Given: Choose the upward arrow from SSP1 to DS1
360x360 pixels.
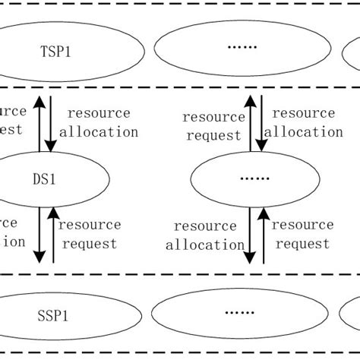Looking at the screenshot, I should [52, 235].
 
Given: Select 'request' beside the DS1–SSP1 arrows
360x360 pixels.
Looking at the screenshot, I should [90, 244].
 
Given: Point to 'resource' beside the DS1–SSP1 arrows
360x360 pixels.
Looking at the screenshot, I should [90, 225].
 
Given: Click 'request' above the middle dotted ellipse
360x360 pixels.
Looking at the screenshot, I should [214, 136].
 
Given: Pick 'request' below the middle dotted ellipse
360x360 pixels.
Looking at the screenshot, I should [302, 244].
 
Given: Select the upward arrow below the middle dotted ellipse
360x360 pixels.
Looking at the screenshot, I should [264, 235].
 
